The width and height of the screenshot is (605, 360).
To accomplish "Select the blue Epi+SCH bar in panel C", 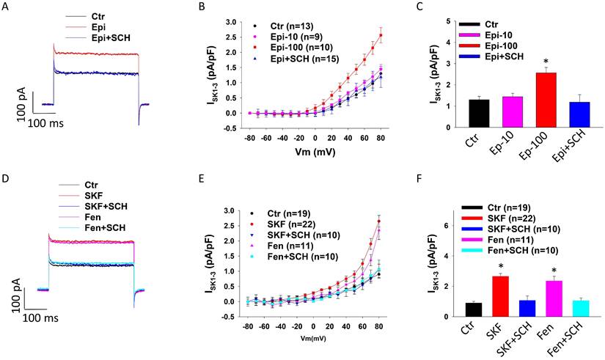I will [564, 111].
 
